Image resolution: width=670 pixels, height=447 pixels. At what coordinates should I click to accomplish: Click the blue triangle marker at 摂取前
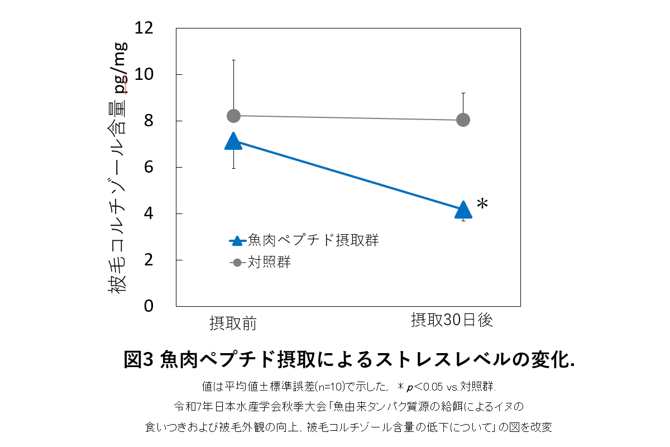click(x=233, y=142)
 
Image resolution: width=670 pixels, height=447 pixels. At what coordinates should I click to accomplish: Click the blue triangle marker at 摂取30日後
click(x=463, y=210)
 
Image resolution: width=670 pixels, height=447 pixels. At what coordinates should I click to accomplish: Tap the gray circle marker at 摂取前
click(x=233, y=116)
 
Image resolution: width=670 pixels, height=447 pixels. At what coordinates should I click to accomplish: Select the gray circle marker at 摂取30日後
click(x=463, y=120)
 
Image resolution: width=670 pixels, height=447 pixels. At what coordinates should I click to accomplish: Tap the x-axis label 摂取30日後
click(x=452, y=320)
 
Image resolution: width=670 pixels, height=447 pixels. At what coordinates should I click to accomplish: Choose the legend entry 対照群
click(x=269, y=262)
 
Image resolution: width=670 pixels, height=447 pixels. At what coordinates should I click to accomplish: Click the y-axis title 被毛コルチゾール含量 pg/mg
click(x=119, y=168)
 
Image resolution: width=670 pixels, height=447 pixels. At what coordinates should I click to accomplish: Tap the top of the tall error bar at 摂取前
click(x=233, y=60)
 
